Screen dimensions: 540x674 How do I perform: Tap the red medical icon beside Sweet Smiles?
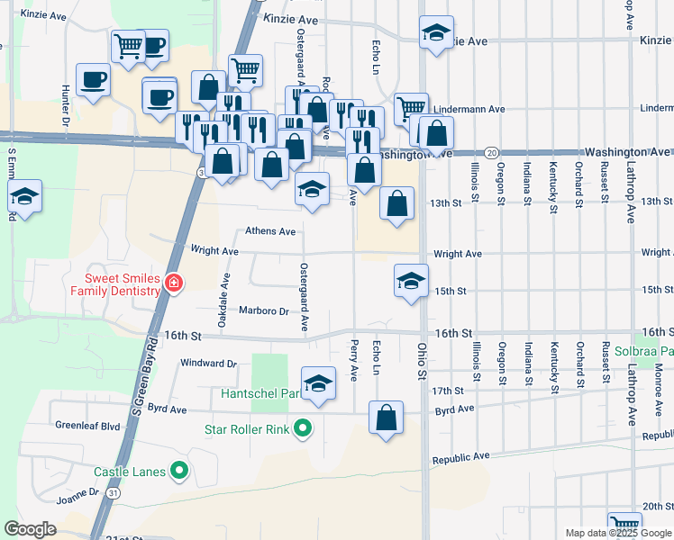(173, 284)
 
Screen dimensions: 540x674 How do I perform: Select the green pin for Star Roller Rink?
(303, 428)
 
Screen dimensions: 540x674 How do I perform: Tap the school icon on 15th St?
(411, 280)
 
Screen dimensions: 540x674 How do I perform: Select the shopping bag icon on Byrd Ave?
(386, 418)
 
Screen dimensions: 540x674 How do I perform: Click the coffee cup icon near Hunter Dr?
(93, 80)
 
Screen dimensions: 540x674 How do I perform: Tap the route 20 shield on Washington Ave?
(491, 152)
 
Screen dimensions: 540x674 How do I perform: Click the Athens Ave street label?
(270, 232)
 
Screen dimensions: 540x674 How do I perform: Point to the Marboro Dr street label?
(263, 311)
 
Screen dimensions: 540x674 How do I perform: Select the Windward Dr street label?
(208, 364)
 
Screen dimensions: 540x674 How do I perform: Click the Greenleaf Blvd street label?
(87, 426)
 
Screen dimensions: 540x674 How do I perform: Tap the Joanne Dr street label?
(77, 493)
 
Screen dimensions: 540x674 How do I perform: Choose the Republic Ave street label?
(460, 458)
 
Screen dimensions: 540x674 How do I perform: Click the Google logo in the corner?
(30, 529)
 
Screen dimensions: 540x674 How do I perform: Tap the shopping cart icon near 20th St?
(624, 524)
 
